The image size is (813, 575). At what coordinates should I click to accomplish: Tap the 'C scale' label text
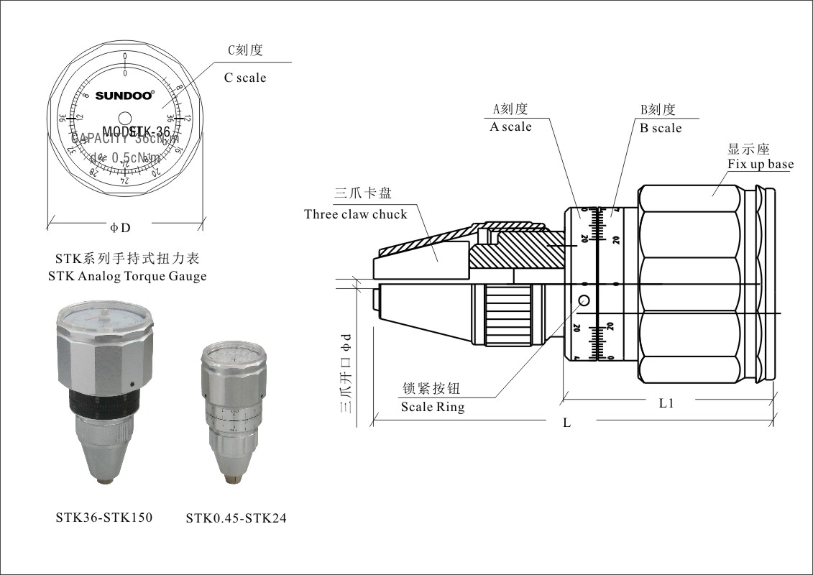coord(245,78)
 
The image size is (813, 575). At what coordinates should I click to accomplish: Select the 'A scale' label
coord(510,127)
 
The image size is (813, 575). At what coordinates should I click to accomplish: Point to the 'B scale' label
coord(661,128)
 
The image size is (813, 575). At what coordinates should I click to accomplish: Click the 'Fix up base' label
coord(761,165)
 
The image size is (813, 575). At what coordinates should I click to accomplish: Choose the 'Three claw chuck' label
coord(355,214)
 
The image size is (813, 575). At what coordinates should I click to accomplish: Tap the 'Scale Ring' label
coord(433,408)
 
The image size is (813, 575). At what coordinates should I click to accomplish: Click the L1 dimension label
coord(666,403)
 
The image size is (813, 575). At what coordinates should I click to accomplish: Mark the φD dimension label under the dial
coord(120,228)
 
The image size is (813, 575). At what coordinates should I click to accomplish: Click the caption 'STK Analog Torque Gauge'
coord(127,276)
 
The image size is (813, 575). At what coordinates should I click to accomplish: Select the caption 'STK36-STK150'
coord(104,517)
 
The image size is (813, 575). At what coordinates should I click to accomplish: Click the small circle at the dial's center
coord(125,118)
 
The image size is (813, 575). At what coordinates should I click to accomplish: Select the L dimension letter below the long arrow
coord(566,423)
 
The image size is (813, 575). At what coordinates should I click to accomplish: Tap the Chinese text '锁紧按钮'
coord(430,389)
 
